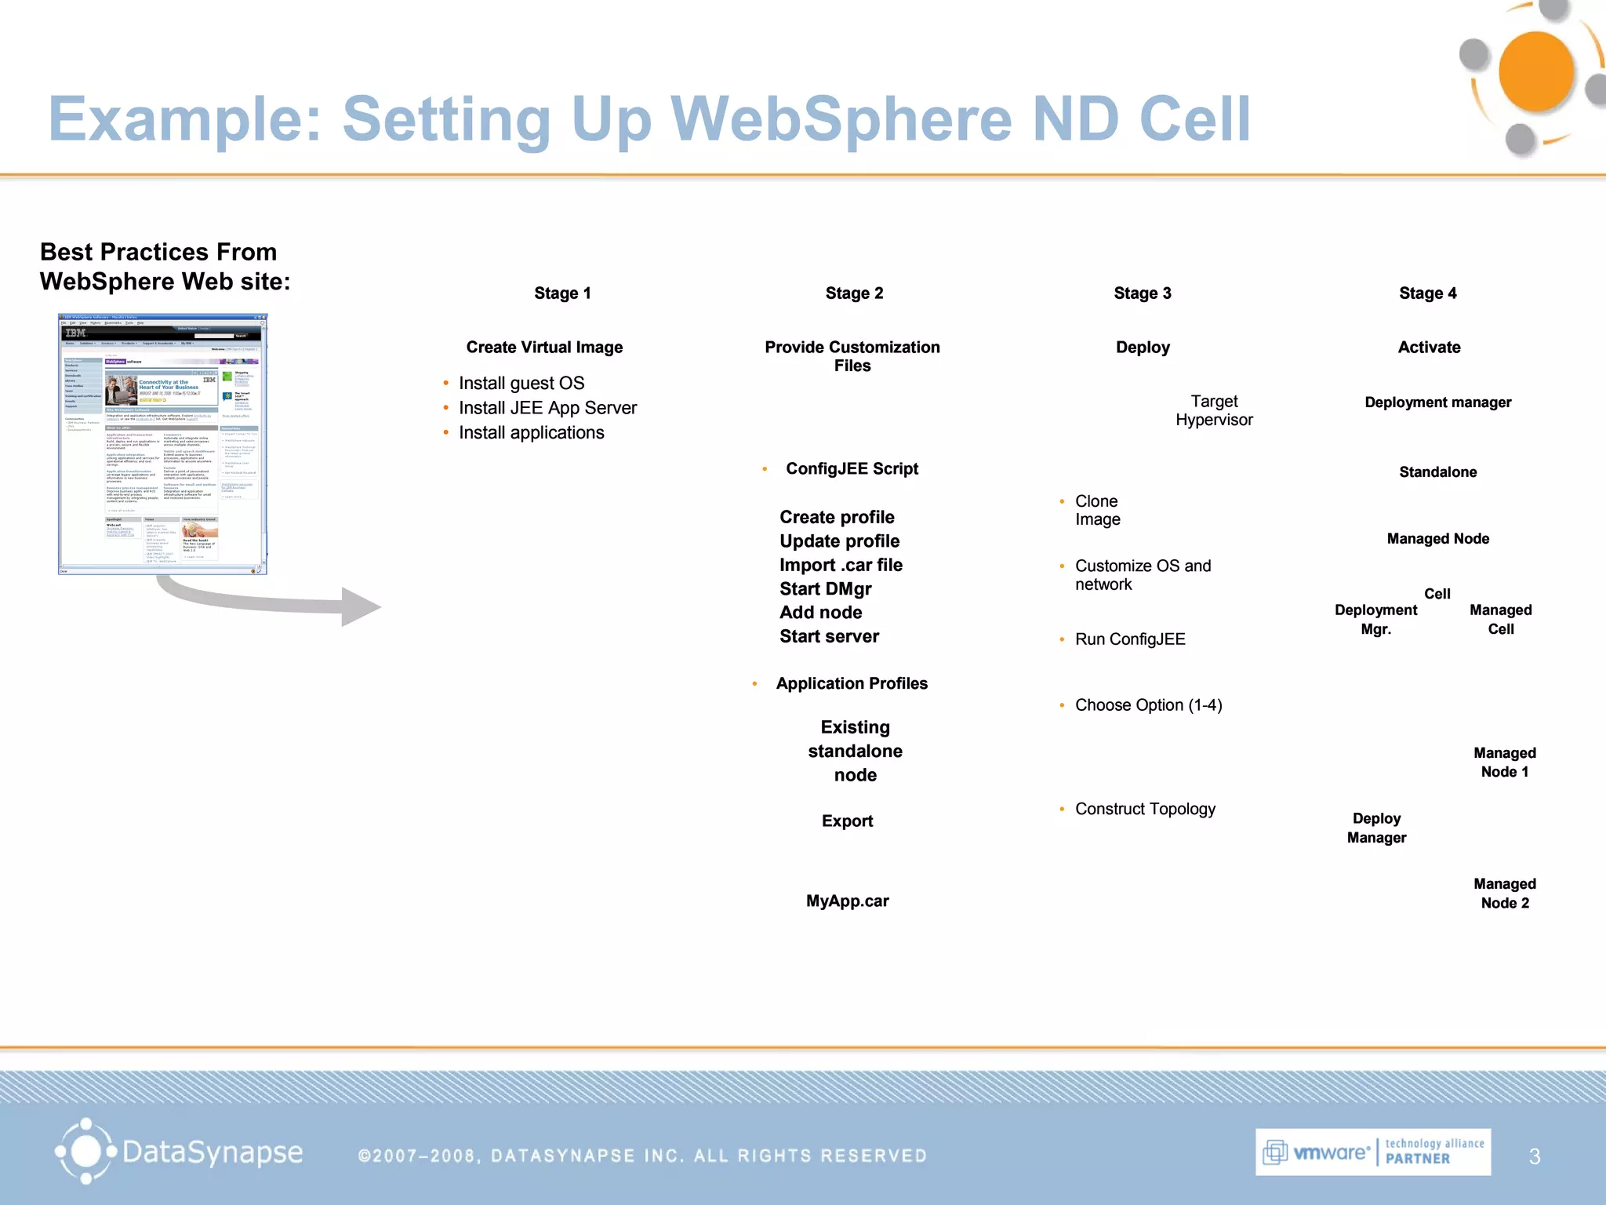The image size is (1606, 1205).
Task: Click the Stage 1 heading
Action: tap(562, 293)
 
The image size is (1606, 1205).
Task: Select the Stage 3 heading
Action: tap(1142, 293)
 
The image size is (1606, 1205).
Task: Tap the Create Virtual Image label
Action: tap(544, 348)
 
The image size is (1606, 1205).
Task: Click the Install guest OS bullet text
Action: tap(521, 384)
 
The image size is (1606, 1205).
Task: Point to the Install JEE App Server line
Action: tap(547, 408)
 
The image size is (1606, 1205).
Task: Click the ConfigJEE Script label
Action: tap(852, 469)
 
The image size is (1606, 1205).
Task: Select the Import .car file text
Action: tap(841, 566)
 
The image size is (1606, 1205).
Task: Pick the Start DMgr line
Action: tap(825, 589)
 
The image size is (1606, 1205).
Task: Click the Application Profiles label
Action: tap(852, 684)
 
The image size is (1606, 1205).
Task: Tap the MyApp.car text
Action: tap(847, 901)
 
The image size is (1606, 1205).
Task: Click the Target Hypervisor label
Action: tap(1214, 411)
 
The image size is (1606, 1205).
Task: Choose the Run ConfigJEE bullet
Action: tap(1129, 640)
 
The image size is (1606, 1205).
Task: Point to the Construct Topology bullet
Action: tap(1145, 810)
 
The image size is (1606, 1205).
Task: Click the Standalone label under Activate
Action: tap(1437, 472)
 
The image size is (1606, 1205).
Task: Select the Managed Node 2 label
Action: tap(1504, 894)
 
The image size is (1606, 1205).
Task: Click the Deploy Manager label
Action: tap(1376, 828)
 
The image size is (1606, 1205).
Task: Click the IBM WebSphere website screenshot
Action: tap(162, 444)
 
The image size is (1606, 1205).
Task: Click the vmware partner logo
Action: tap(1372, 1152)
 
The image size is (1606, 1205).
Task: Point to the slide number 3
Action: tap(1535, 1156)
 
